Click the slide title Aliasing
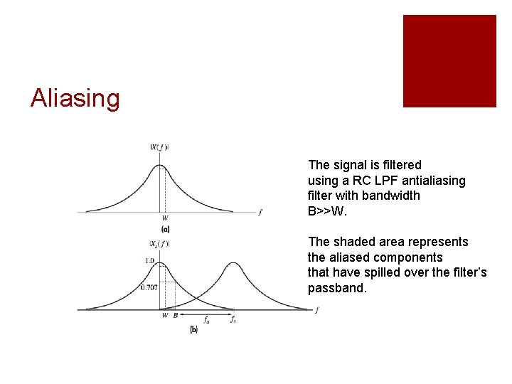(75, 98)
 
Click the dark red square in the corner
(449, 61)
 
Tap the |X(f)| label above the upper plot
(159, 147)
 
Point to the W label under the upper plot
(166, 218)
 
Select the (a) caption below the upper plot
(166, 229)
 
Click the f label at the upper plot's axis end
(260, 212)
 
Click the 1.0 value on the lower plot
(149, 261)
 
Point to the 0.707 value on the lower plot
(149, 287)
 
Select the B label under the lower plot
(175, 315)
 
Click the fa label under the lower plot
(206, 319)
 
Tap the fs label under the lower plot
(233, 319)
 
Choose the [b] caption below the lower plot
(194, 330)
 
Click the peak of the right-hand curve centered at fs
(233, 263)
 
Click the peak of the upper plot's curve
(160, 166)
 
